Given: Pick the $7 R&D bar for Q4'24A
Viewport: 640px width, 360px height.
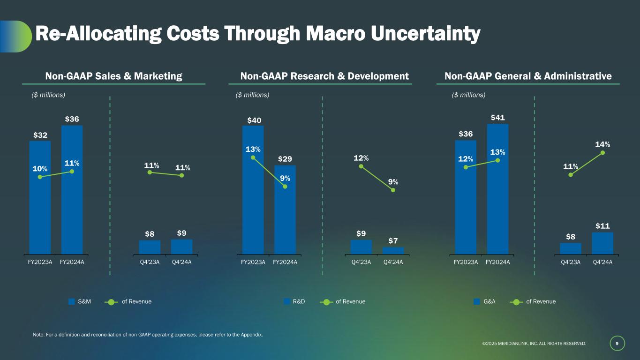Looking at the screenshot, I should [x=393, y=250].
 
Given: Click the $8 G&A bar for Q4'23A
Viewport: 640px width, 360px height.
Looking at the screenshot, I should [x=571, y=248].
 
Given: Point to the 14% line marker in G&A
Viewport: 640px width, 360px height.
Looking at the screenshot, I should [x=602, y=152].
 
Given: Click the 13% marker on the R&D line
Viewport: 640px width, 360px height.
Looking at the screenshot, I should [x=253, y=157].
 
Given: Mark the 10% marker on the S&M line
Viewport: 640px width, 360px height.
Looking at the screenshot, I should [x=40, y=177].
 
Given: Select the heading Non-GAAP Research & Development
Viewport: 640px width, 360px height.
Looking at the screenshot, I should [x=324, y=76].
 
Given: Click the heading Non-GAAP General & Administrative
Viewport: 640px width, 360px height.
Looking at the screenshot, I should [x=528, y=76].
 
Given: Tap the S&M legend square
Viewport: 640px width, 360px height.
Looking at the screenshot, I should [x=72, y=301].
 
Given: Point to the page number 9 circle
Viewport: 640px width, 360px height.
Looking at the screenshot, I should [x=617, y=344].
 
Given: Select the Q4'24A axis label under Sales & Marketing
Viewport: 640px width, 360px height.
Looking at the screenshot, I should [x=181, y=262].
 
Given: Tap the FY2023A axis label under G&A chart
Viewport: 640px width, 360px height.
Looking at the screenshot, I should [x=466, y=262].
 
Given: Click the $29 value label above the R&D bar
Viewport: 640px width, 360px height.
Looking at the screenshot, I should [x=285, y=159].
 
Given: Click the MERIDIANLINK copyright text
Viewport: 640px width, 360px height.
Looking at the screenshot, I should [x=534, y=344].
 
